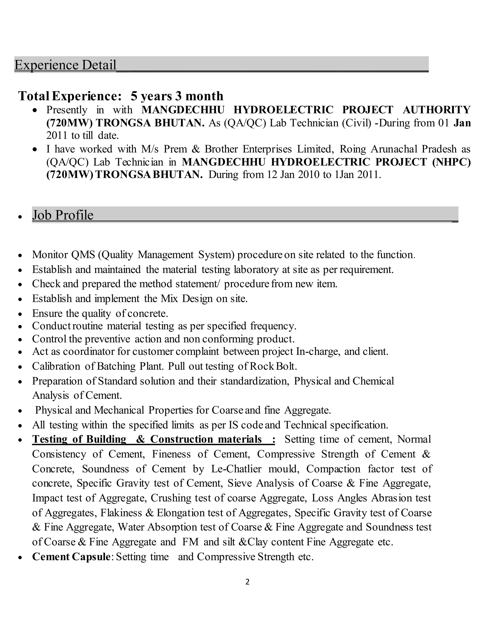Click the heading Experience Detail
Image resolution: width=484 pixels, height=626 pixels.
click(x=65, y=65)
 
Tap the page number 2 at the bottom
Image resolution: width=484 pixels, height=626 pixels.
click(x=247, y=582)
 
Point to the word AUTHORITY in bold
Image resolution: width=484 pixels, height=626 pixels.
click(x=436, y=110)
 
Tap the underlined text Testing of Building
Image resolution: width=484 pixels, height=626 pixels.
click(x=79, y=439)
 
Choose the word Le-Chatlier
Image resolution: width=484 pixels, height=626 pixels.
click(x=236, y=469)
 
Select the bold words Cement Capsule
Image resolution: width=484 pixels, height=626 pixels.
click(x=71, y=557)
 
